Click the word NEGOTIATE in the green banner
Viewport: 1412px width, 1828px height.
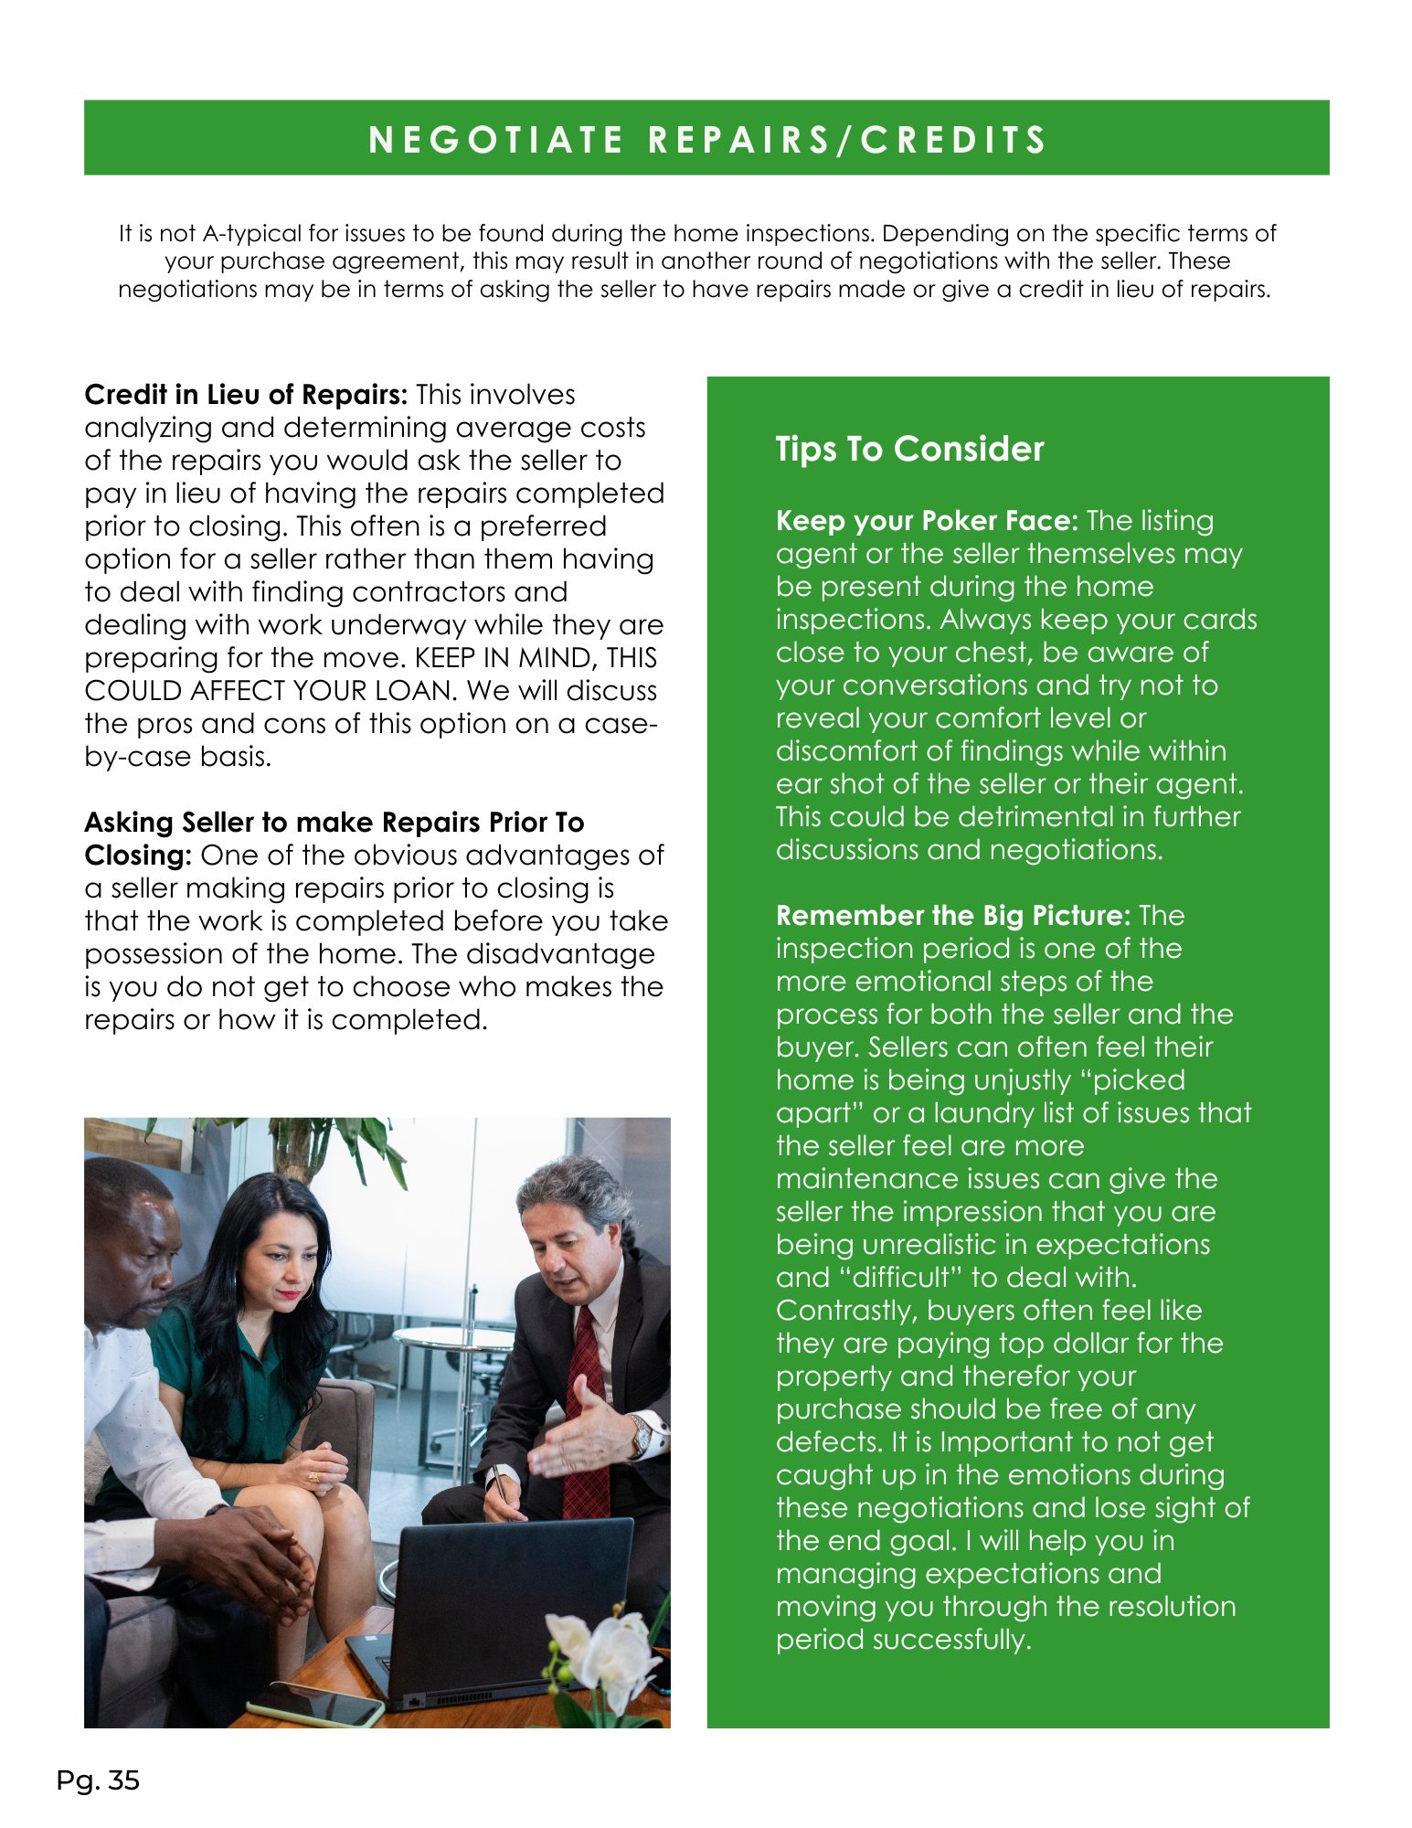(495, 140)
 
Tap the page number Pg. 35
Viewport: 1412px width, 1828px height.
(98, 1780)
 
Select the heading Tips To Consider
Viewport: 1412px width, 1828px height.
(909, 449)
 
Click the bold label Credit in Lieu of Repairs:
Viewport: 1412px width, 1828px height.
(245, 395)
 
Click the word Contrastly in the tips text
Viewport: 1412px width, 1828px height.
(847, 1311)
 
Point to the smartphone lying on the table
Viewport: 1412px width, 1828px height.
(316, 1703)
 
